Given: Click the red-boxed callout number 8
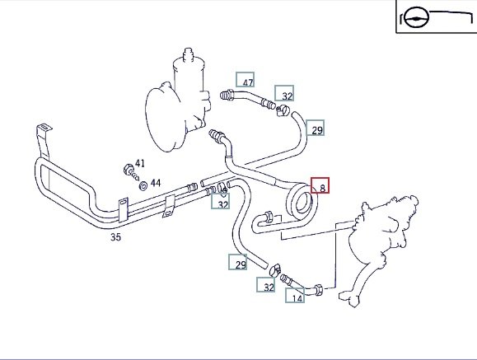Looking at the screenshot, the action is pos(323,189).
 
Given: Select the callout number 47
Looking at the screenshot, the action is pos(248,82).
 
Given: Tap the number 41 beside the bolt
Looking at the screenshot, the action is pos(139,163).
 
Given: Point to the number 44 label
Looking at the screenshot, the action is pos(156,183).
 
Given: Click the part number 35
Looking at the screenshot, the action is pos(115,237).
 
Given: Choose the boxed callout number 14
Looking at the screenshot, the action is pos(297,298).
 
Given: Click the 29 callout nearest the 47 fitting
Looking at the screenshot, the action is pos(317,130).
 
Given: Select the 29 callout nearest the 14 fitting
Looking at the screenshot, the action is pos(241,265).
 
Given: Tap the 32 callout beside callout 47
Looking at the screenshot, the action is pos(287,96).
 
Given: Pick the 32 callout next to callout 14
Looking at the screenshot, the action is pos(269,288).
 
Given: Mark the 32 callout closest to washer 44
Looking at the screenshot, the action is pos(223,205).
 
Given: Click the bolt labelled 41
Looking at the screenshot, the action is pos(132,172).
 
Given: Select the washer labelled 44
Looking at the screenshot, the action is pos(143,185).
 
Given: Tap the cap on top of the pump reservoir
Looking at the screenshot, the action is pos(189,53).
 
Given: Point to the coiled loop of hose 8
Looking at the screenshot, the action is pos(302,202).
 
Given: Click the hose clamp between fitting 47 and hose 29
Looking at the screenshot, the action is pos(283,110).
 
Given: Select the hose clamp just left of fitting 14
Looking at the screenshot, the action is pos(275,270).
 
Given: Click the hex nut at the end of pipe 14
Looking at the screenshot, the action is pos(318,289).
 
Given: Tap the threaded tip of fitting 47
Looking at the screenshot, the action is pos(224,96).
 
